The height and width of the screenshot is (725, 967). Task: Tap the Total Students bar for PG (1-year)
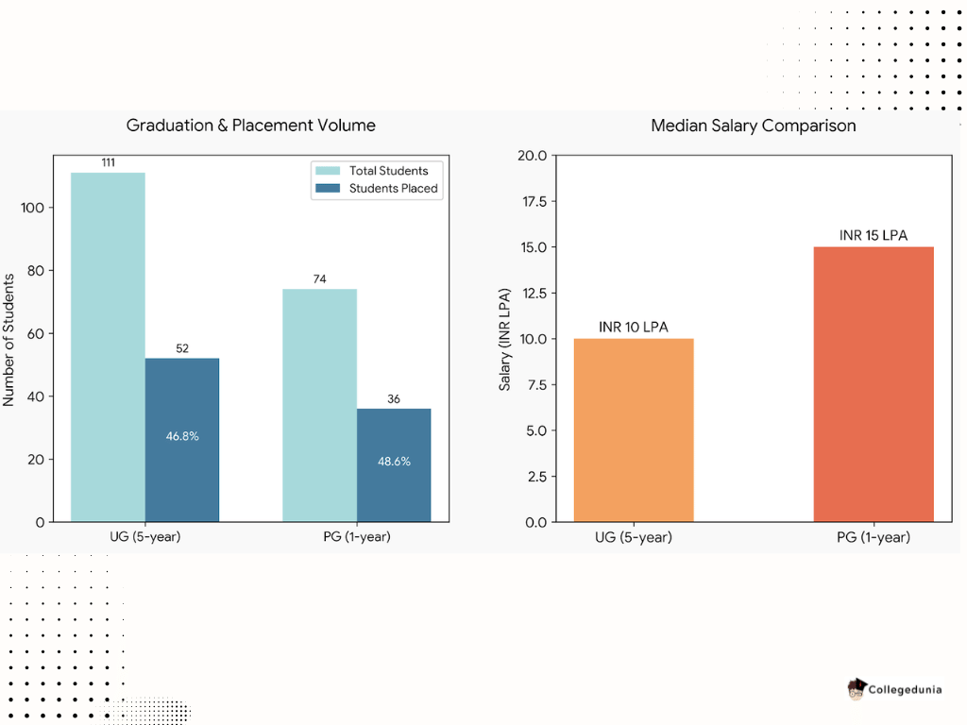click(319, 405)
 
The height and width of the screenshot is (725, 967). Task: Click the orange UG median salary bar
click(634, 430)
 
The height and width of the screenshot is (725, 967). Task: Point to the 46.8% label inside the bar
click(182, 436)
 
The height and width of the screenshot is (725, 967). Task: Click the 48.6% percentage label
click(394, 462)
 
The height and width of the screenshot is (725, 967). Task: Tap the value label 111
click(108, 163)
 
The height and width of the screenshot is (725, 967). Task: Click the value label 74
click(319, 279)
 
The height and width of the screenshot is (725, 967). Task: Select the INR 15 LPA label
click(874, 235)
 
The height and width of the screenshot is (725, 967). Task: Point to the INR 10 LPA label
click(634, 327)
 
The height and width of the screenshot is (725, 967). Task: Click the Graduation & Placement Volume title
click(251, 126)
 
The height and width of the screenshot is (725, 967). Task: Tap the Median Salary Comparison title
click(754, 126)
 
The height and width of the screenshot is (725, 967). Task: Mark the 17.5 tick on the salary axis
click(534, 201)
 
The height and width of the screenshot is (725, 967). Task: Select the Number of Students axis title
click(9, 340)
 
